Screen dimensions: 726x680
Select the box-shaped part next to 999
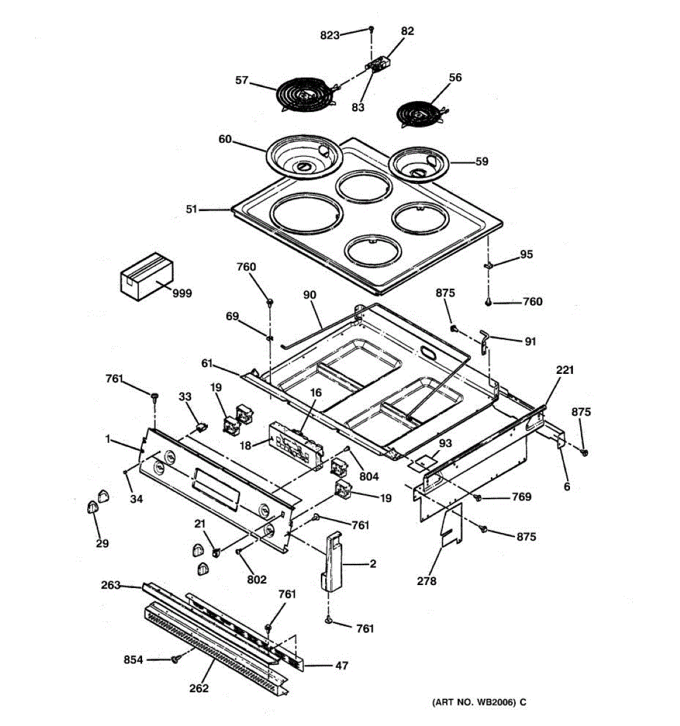146,276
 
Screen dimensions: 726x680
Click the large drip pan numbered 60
305,157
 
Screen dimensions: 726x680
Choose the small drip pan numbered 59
421,165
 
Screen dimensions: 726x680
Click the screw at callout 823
372,29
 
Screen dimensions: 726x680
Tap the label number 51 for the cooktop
192,209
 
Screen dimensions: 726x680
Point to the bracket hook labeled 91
485,341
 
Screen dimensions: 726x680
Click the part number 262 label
199,688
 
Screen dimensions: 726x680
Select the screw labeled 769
478,498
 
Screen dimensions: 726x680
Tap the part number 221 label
565,370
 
